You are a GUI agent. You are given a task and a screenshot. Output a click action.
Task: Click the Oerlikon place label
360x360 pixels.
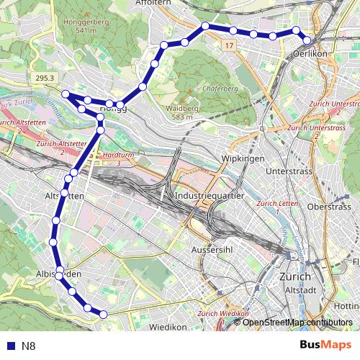pyautogui.click(x=311, y=54)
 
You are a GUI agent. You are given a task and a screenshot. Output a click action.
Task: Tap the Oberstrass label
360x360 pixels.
pyautogui.click(x=328, y=207)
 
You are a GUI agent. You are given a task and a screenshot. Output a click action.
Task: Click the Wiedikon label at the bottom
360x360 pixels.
pyautogui.click(x=168, y=327)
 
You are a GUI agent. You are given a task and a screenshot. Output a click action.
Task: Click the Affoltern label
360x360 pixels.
pyautogui.click(x=153, y=3)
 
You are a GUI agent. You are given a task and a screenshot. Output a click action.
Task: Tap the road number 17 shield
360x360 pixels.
pyautogui.click(x=229, y=45)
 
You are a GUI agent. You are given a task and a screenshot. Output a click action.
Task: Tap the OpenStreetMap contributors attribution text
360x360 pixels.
pyautogui.click(x=297, y=322)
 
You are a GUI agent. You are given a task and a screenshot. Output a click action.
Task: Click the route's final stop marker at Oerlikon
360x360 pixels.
pyautogui.click(x=307, y=40)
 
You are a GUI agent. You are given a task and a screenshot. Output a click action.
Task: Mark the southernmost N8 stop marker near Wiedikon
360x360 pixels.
pyautogui.click(x=103, y=314)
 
